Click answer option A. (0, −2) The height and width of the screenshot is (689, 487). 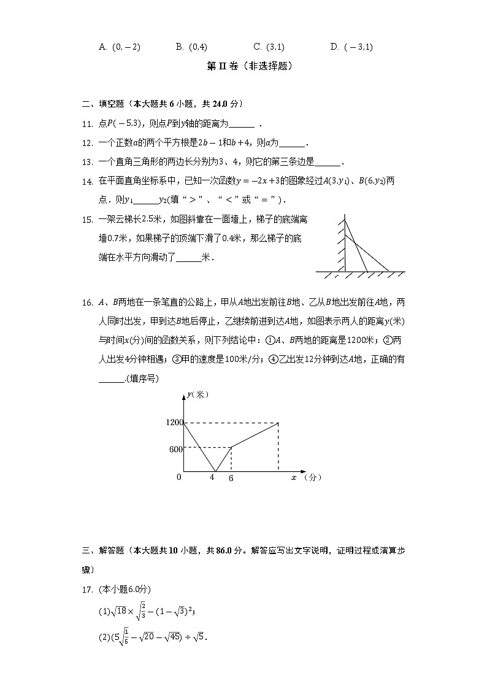click(120, 47)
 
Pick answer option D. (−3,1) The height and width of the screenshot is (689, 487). click(351, 47)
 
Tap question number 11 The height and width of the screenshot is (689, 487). click(86, 124)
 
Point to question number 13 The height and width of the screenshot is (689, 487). click(86, 163)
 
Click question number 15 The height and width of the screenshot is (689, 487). click(86, 220)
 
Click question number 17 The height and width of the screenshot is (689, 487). click(86, 590)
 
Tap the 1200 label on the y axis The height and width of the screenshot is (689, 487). click(174, 423)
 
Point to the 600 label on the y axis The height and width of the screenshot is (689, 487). click(175, 448)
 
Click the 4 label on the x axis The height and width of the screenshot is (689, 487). click(213, 477)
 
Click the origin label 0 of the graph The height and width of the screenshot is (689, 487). click(178, 477)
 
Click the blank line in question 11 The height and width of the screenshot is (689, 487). click(241, 125)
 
